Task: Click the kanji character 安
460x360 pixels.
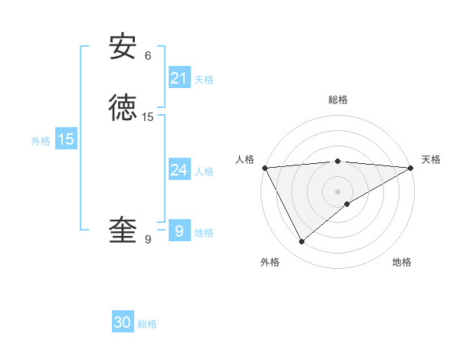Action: coord(123,47)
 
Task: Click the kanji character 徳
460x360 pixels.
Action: coord(123,108)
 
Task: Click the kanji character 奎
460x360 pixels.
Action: coord(123,231)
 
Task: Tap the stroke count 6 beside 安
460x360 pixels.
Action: coord(148,55)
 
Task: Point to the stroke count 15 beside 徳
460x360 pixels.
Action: coord(148,116)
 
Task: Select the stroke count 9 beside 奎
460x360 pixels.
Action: coord(148,240)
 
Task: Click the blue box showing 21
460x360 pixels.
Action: coord(179,78)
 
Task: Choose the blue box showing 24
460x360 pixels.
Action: coord(179,170)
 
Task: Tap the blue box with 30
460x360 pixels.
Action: coord(123,323)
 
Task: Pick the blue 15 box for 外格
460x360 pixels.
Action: coord(66,139)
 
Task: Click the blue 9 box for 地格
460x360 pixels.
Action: coord(179,231)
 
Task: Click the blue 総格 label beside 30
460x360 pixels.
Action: coord(147,325)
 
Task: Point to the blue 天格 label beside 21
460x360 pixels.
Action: coord(204,80)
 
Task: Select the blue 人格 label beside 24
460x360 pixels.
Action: coord(204,172)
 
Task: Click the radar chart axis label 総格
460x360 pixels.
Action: coord(338,100)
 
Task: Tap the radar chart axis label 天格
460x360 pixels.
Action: coord(431,159)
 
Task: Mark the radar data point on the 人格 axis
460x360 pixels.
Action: coord(264,167)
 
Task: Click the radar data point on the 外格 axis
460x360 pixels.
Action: coord(301,242)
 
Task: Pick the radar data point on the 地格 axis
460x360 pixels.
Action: coord(347,204)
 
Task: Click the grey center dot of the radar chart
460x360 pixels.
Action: coord(338,191)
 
